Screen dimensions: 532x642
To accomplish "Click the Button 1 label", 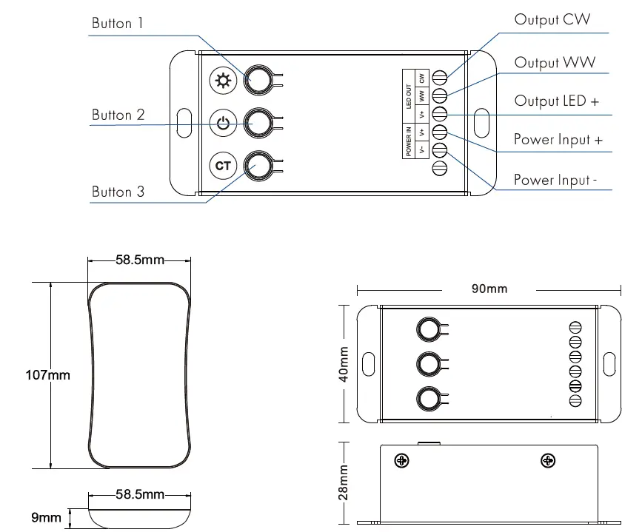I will click(117, 24).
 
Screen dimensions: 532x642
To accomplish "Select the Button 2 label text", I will click(118, 115).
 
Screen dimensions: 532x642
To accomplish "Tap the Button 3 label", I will click(118, 192).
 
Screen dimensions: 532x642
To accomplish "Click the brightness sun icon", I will click(222, 81).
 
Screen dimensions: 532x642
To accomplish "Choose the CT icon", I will click(222, 166).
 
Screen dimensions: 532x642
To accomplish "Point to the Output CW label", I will click(552, 20).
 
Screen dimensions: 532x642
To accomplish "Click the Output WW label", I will click(554, 63).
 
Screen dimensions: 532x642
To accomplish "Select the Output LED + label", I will click(556, 101).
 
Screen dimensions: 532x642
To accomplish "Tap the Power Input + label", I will click(558, 140).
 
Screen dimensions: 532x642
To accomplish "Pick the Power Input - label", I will click(555, 180).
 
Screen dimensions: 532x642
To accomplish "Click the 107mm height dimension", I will click(47, 375).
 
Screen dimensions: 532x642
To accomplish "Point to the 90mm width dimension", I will click(489, 289).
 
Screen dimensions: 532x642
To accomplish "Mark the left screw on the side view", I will click(402, 461).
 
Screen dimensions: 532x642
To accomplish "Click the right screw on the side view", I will click(548, 461).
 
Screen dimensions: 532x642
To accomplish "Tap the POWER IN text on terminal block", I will click(409, 141).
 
